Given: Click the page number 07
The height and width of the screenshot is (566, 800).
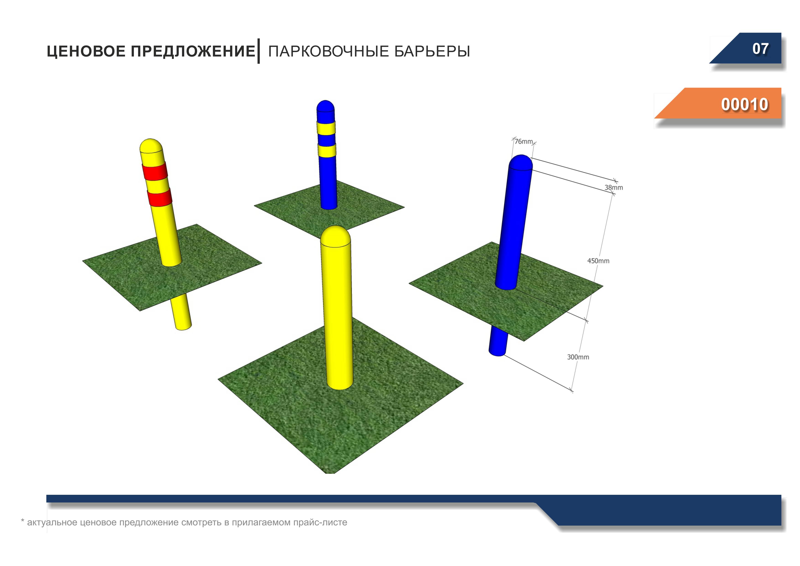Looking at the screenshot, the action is coord(760,49).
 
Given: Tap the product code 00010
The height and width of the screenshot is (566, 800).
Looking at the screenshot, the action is coord(745,104).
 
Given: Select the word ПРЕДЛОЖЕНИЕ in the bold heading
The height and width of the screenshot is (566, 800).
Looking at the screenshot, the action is coord(193,51).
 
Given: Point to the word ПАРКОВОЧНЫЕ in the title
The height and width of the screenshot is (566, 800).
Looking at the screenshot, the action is coord(329,51).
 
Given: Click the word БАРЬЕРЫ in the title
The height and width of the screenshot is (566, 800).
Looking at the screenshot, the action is coord(432,51).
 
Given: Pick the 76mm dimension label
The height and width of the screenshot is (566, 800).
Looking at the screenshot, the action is coord(524,141).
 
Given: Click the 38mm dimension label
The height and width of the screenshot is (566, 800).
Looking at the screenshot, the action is coord(614,188).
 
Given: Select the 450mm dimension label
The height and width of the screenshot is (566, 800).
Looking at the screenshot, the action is coord(598,261).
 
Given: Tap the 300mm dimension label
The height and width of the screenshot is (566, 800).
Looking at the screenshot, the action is coord(578,357).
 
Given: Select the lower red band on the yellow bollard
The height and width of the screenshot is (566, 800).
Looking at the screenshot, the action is coord(160,197).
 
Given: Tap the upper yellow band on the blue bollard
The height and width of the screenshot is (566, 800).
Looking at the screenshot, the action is coord(326,128).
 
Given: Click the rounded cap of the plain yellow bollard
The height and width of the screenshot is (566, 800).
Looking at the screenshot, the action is coord(335,236).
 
